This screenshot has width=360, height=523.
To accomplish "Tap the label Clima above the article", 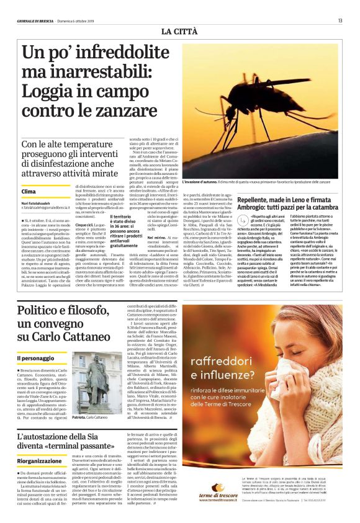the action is coord(29,193).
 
